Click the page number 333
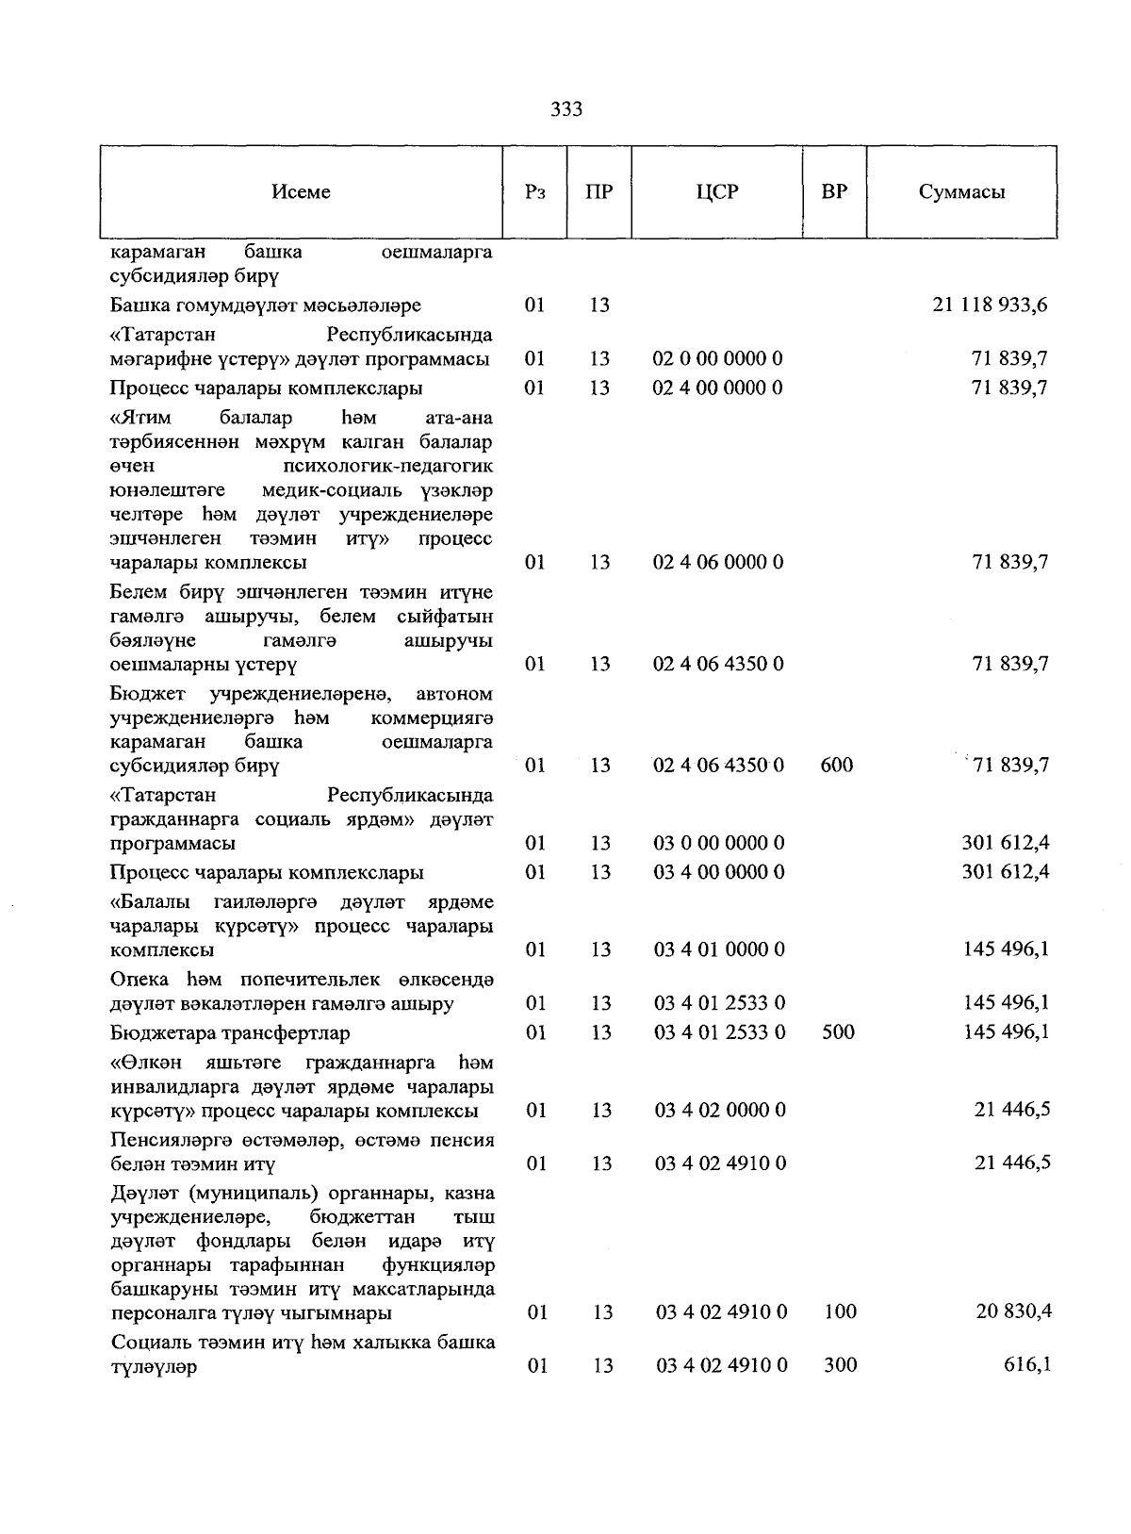click(566, 109)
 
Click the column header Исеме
click(301, 191)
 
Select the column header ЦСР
click(717, 191)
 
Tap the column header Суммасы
click(961, 191)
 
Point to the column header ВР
click(834, 191)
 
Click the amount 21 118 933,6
click(990, 305)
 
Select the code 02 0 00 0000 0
click(717, 358)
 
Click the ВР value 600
click(836, 765)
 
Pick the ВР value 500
click(838, 1032)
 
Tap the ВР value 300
click(840, 1364)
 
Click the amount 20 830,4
click(1013, 1311)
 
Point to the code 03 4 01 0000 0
click(719, 949)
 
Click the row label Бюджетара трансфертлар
click(230, 1032)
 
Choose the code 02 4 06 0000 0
click(717, 562)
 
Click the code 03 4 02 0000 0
click(720, 1110)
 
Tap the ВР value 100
click(840, 1311)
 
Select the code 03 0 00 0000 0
click(719, 843)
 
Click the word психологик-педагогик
click(386, 466)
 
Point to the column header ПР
click(598, 191)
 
